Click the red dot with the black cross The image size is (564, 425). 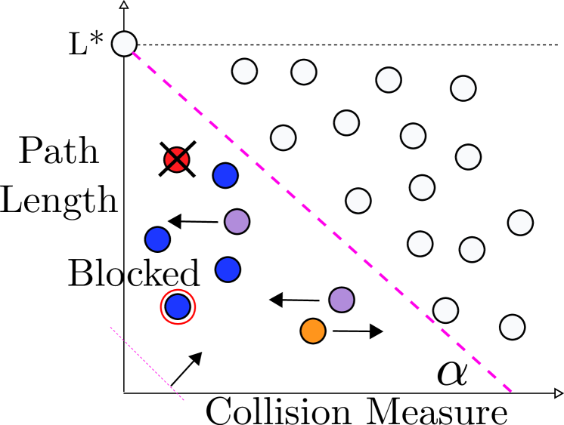click(177, 160)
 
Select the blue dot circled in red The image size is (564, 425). click(178, 306)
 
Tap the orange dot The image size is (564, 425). click(313, 331)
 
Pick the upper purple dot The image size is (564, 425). click(237, 221)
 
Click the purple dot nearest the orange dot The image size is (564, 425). click(342, 300)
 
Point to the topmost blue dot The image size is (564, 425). click(225, 175)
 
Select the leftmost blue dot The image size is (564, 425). click(157, 239)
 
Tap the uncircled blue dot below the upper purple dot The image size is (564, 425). click(228, 269)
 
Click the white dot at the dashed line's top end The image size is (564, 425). click(124, 44)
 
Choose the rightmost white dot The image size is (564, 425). click(520, 223)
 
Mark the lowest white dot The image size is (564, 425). click(512, 327)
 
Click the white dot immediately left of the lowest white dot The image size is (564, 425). click(445, 310)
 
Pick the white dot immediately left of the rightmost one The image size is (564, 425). click(472, 249)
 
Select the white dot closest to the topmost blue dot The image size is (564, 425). click(283, 137)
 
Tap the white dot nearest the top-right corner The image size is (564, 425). click(463, 88)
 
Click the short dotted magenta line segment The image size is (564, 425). click(147, 364)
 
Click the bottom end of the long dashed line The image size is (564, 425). click(511, 391)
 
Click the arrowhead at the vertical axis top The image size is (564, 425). click(124, 5)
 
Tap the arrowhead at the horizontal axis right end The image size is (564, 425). click(558, 393)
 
